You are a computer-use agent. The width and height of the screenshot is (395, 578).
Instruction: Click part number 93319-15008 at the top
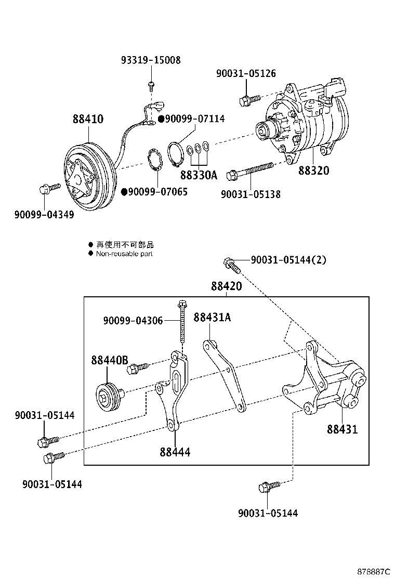[151, 60]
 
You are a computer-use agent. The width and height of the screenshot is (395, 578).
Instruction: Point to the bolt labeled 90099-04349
[44, 190]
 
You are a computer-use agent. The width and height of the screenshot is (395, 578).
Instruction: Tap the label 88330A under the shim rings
[199, 175]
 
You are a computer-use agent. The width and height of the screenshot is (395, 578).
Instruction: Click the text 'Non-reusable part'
[124, 254]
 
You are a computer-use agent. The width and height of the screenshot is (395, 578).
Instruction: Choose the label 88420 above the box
[227, 286]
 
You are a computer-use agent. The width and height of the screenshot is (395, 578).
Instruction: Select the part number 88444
[175, 452]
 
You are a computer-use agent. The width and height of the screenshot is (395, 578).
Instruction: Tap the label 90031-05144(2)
[288, 260]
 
